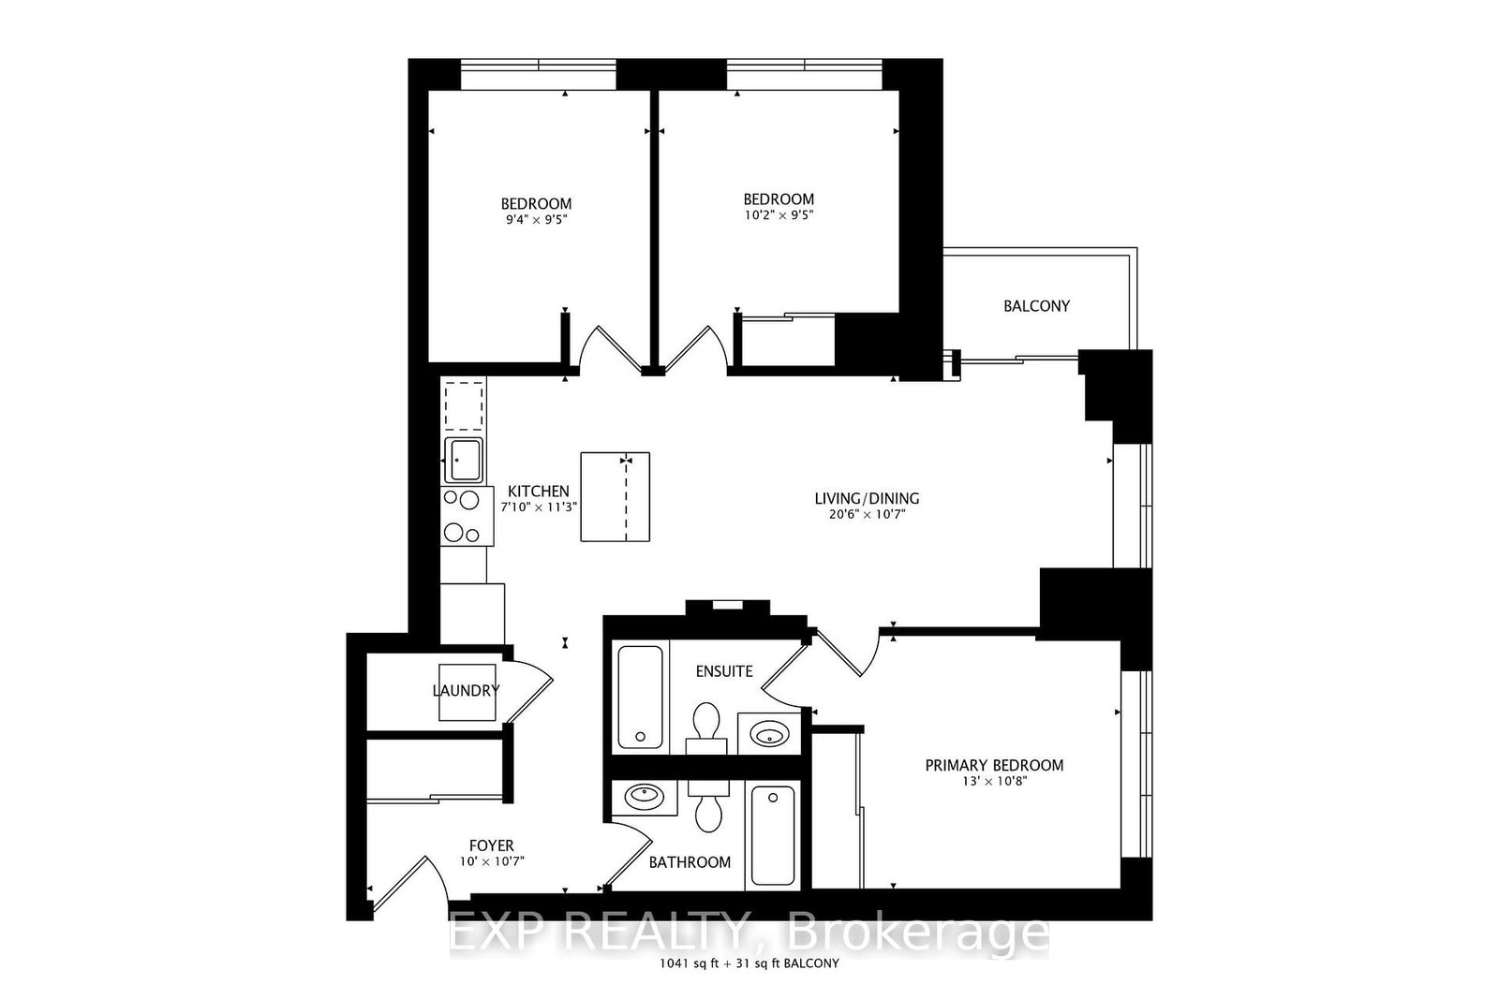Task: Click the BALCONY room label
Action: pyautogui.click(x=1036, y=306)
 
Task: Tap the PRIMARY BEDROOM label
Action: pyautogui.click(x=994, y=765)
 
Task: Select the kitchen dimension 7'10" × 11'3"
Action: pyautogui.click(x=539, y=507)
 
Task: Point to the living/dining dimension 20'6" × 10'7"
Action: pyautogui.click(x=866, y=514)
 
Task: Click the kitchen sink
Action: pyautogui.click(x=464, y=459)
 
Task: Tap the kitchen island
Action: pyautogui.click(x=615, y=496)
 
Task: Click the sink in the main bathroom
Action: pyautogui.click(x=644, y=798)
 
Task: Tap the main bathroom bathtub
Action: pyautogui.click(x=772, y=836)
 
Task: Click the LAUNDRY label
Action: pyautogui.click(x=467, y=691)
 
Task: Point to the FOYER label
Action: pyautogui.click(x=491, y=845)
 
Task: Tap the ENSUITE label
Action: pyautogui.click(x=724, y=671)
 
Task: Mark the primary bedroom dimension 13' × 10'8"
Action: pyautogui.click(x=994, y=782)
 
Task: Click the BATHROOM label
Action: pyautogui.click(x=690, y=862)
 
